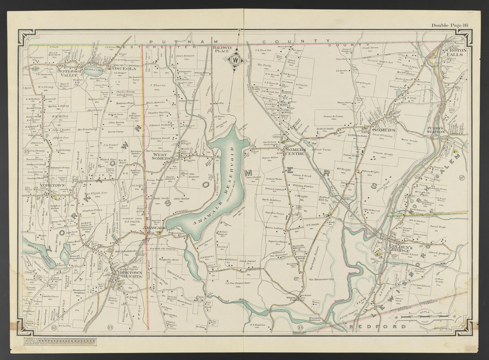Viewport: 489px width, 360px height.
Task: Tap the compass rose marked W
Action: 236,60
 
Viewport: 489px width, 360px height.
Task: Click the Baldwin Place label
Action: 223,49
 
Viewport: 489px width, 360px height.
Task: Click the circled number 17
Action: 462,178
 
